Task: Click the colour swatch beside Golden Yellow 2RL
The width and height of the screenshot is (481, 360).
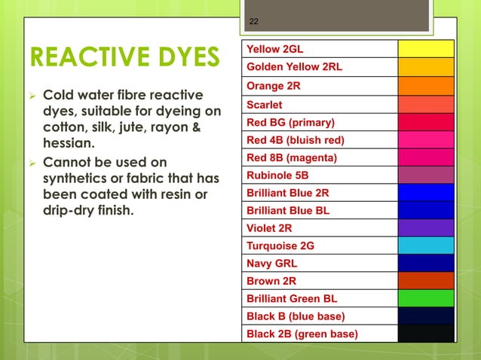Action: (x=426, y=67)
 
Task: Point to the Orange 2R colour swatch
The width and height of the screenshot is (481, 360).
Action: (x=426, y=86)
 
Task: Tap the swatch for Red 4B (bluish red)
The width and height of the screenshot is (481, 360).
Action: (x=426, y=140)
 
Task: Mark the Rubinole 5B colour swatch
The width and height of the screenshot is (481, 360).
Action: (x=426, y=175)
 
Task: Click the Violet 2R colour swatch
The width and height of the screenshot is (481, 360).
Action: (x=426, y=227)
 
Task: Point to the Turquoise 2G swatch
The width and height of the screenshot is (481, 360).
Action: (x=426, y=245)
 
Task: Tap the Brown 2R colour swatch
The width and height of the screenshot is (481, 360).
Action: (x=426, y=280)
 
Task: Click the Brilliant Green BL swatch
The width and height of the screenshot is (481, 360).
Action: (x=426, y=298)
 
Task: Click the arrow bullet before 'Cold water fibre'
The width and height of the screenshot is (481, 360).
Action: (x=32, y=96)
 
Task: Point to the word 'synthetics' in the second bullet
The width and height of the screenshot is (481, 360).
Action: (x=77, y=178)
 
